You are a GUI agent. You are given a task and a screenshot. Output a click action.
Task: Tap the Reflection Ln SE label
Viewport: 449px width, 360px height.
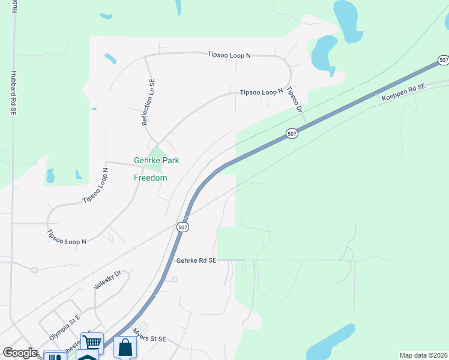click(148, 102)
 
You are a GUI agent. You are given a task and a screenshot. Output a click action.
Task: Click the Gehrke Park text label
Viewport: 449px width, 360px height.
click(156, 160)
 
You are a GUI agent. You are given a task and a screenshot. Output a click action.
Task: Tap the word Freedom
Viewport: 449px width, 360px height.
click(150, 178)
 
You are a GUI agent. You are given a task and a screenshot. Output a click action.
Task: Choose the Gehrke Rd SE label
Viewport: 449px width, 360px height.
click(196, 260)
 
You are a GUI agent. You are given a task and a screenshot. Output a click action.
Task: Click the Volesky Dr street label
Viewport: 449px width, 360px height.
click(108, 280)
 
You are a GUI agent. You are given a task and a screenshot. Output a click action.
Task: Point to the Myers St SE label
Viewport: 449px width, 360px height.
click(149, 339)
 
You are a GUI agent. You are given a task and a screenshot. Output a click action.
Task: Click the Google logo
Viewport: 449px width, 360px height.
click(20, 353)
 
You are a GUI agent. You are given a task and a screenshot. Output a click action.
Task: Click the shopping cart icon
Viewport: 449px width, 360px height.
click(92, 343)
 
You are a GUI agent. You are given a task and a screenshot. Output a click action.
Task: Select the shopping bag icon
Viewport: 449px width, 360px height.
click(125, 347)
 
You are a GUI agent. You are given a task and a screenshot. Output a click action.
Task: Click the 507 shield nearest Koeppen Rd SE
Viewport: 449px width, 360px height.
click(443, 60)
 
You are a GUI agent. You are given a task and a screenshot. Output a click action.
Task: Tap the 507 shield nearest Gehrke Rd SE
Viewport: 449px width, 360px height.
click(183, 227)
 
